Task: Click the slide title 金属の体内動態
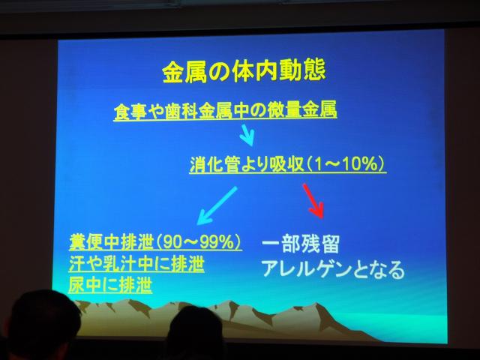tap(244, 71)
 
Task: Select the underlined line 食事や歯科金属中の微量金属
tap(225, 110)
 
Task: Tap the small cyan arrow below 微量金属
tap(247, 135)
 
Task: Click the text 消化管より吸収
tap(247, 164)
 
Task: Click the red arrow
tap(313, 201)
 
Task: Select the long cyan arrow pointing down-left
tap(217, 205)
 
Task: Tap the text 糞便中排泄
tap(111, 243)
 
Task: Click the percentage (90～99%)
tap(198, 243)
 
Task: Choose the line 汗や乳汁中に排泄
tap(136, 264)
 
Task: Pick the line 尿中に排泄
tap(110, 285)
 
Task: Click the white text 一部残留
tap(301, 244)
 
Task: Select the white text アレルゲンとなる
tap(333, 269)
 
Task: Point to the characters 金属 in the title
tap(185, 72)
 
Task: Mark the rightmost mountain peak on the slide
tap(317, 304)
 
